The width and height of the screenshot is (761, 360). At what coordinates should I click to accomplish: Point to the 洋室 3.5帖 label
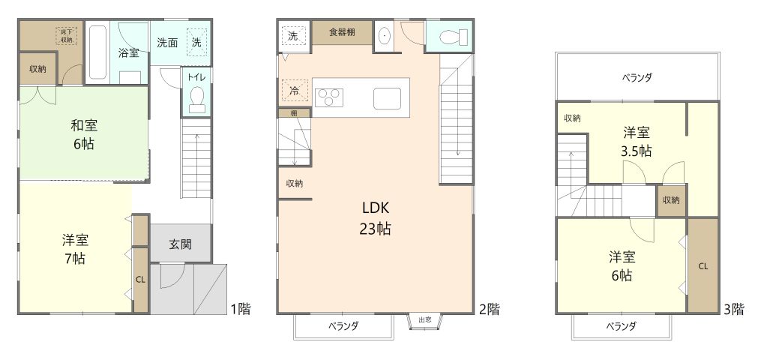pos(637,141)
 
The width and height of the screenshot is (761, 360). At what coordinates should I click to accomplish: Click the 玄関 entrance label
pos(179,244)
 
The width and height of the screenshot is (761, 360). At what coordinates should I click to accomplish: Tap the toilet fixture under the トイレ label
pos(197,100)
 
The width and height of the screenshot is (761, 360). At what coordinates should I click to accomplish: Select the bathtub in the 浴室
pos(97,52)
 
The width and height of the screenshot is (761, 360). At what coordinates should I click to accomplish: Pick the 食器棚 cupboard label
pos(333,33)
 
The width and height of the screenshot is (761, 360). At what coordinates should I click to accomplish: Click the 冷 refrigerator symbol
pos(294,91)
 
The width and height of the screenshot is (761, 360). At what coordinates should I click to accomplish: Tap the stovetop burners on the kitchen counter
pos(329,97)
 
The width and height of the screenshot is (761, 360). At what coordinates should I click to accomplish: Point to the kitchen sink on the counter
pos(388,97)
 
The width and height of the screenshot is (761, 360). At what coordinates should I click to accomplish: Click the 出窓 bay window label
pos(425,320)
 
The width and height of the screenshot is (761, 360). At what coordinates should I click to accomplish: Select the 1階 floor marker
pos(239,308)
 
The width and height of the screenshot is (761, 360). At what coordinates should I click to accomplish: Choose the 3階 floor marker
pos(733,308)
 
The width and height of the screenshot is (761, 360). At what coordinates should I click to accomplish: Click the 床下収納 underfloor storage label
pos(67,34)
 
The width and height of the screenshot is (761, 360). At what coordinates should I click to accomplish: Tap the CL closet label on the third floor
pos(703,266)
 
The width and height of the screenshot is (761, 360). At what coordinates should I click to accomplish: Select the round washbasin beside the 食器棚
pos(385,36)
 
